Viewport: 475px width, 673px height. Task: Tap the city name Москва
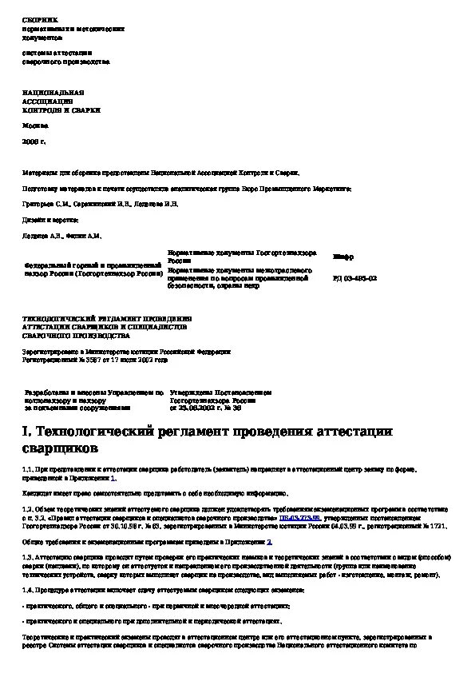click(33, 126)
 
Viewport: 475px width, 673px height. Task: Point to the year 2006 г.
click(33, 141)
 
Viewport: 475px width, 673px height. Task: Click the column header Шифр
click(342, 256)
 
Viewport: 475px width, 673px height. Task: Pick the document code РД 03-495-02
click(354, 277)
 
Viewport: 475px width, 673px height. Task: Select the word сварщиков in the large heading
click(60, 449)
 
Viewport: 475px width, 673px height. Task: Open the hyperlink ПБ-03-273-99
click(295, 518)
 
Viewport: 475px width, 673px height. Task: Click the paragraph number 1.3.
click(27, 556)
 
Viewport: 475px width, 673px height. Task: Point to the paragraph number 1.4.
click(27, 590)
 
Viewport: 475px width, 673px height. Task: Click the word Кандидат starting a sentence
click(37, 494)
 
